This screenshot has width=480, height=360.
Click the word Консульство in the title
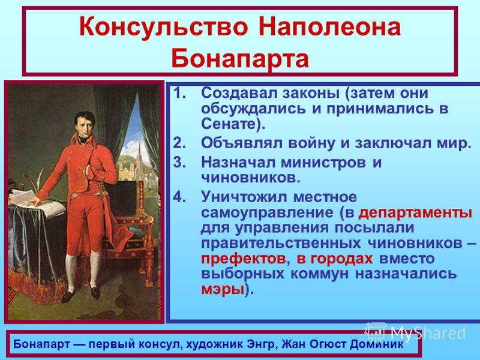pyautogui.click(x=163, y=27)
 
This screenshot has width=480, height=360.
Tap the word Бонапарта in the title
pyautogui.click(x=240, y=58)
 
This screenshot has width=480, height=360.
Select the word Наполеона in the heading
pyautogui.click(x=329, y=27)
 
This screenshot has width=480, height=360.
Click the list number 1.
pyautogui.click(x=179, y=93)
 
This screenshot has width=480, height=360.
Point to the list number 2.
pyautogui.click(x=179, y=143)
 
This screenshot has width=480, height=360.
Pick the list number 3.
pyautogui.click(x=179, y=162)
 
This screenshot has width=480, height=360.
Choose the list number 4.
pyautogui.click(x=179, y=197)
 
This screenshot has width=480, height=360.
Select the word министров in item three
pyautogui.click(x=323, y=163)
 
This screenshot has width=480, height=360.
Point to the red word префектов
pyautogui.click(x=244, y=259)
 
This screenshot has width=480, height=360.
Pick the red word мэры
pyautogui.click(x=223, y=290)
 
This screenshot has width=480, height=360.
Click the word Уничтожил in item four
pyautogui.click(x=244, y=197)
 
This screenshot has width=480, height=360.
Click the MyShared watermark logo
pyautogui.click(x=415, y=333)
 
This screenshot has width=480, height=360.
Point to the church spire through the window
pyautogui.click(x=140, y=156)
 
